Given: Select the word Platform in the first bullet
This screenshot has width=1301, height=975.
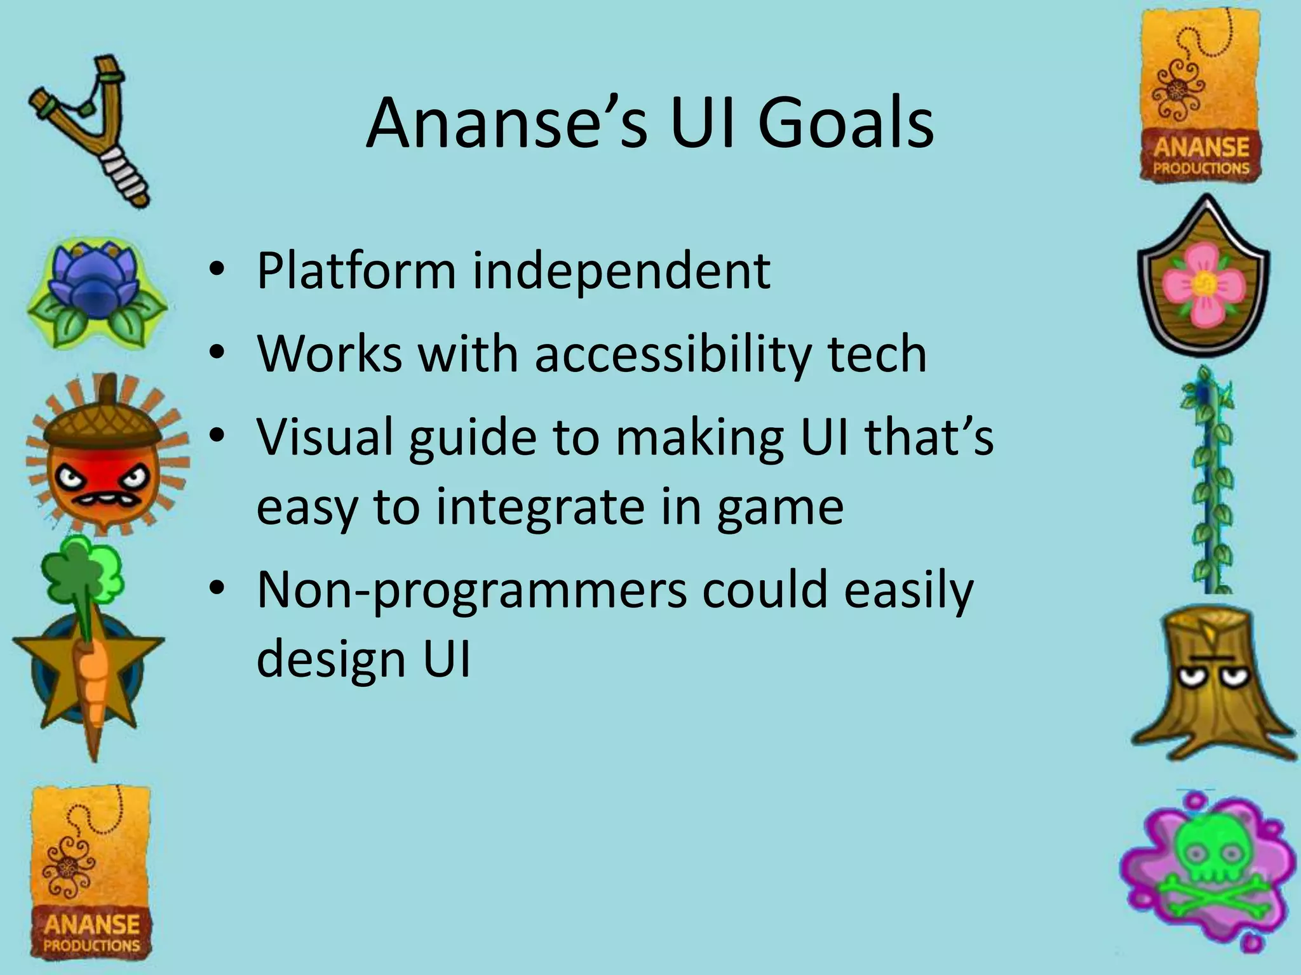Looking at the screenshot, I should click(356, 272).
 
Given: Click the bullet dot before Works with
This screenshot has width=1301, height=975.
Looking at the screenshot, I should click(217, 353).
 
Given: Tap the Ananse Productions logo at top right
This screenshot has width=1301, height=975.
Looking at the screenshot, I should click(1201, 95).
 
